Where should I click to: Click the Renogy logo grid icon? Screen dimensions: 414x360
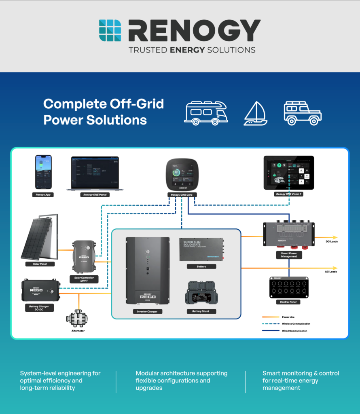[x=110, y=30]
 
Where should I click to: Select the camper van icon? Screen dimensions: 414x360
[x=206, y=113]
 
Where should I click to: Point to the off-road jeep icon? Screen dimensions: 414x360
[x=303, y=113]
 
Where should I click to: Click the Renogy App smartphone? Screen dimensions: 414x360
[x=43, y=172]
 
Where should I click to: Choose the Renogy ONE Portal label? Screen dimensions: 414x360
[x=97, y=195]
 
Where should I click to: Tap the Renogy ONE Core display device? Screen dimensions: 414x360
[x=182, y=174]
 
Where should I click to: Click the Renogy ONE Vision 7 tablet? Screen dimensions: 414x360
[x=289, y=173]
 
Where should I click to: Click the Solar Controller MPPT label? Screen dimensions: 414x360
[x=84, y=279]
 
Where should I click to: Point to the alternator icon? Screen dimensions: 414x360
[x=76, y=319]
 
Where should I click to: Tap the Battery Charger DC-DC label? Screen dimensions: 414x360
[x=40, y=308]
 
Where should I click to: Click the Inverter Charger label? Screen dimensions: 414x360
[x=147, y=311]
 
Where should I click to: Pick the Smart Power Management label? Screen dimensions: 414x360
[x=289, y=255]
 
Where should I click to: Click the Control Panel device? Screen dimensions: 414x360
[x=289, y=287]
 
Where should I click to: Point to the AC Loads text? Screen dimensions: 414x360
[x=330, y=272]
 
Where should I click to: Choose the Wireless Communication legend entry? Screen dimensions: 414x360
[x=296, y=324]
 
